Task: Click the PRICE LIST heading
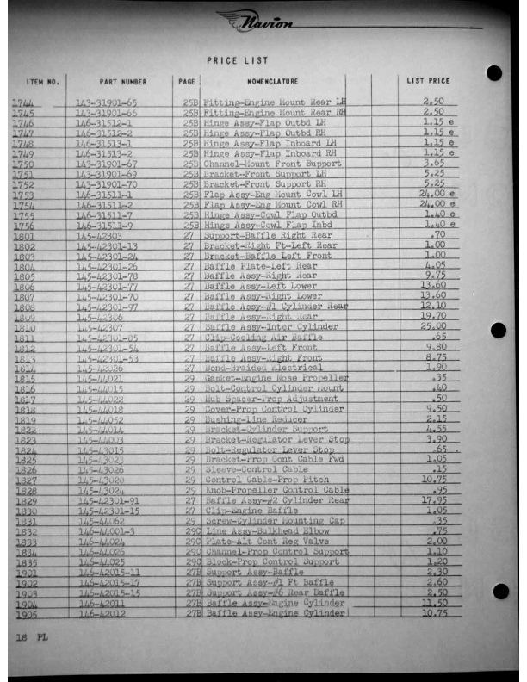click(238, 60)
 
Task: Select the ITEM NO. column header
click(42, 82)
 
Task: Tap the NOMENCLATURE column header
click(272, 82)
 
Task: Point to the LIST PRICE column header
click(428, 82)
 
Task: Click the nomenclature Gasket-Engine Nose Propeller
click(275, 378)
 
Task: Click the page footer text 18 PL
click(24, 639)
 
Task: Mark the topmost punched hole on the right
click(493, 72)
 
